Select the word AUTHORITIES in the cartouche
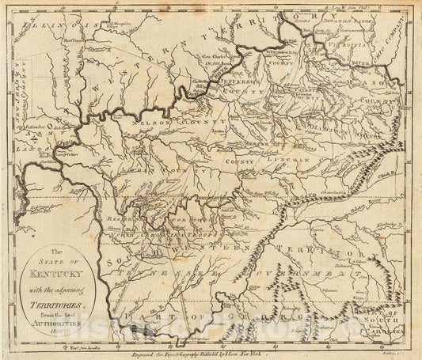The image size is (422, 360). (x=70, y=309)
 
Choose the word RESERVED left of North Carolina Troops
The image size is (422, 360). (x=128, y=213)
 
